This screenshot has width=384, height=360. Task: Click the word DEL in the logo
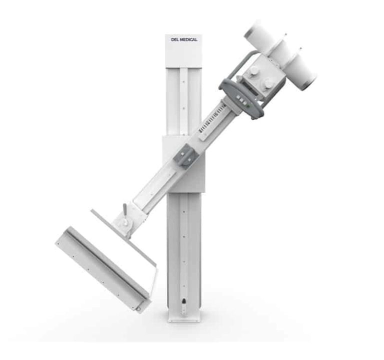(175, 39)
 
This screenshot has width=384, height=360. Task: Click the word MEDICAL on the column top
(188, 39)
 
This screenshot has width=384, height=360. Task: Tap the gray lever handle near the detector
(124, 209)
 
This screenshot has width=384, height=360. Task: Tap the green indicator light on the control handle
(248, 106)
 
